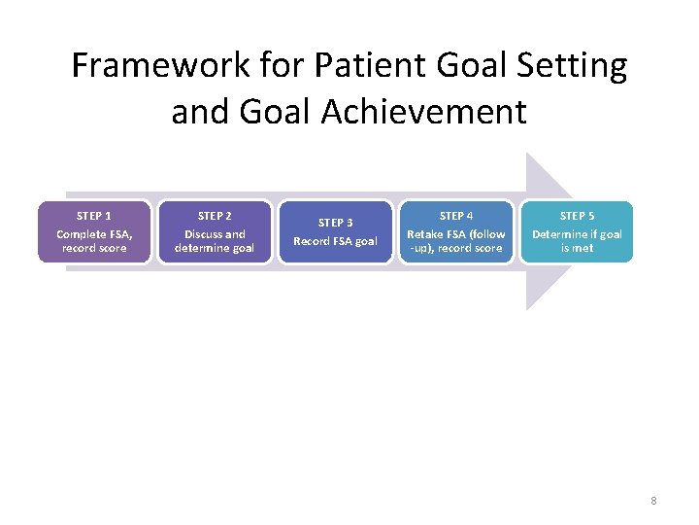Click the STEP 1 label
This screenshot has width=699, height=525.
tap(94, 216)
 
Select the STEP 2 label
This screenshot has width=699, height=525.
tap(215, 216)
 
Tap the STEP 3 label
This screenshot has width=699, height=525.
tap(335, 223)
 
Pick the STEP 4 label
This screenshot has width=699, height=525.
tap(456, 216)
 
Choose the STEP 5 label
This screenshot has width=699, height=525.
tap(577, 216)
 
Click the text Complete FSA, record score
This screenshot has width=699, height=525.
tap(94, 241)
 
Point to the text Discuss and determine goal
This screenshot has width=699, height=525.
tap(215, 241)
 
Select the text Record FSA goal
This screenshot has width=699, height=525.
tap(335, 241)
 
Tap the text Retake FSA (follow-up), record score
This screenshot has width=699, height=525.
tap(456, 241)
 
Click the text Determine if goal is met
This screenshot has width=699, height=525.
tap(577, 241)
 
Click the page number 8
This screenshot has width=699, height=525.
tap(653, 501)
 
